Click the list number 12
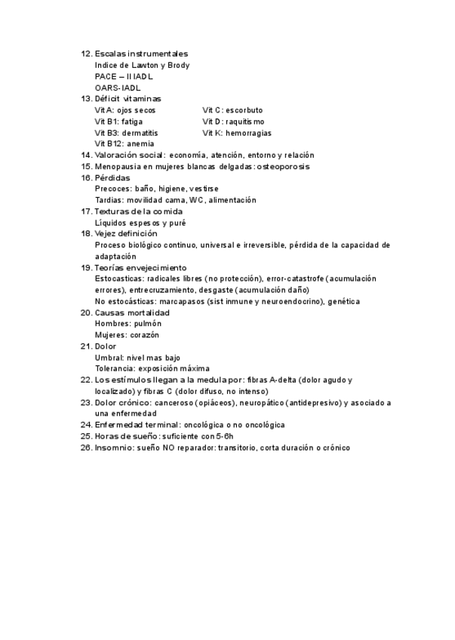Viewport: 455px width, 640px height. pyautogui.click(x=86, y=54)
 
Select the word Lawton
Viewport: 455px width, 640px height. pyautogui.click(x=149, y=65)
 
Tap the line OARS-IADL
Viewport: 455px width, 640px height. pyautogui.click(x=118, y=88)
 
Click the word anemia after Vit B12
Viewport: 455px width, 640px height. pyautogui.click(x=141, y=143)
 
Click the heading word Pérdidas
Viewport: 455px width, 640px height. pyautogui.click(x=112, y=177)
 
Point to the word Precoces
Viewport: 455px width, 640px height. pyautogui.click(x=112, y=189)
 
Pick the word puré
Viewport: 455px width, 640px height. pyautogui.click(x=177, y=223)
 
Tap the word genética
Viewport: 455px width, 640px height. pyautogui.click(x=344, y=301)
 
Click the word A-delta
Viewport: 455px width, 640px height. pyautogui.click(x=281, y=380)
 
